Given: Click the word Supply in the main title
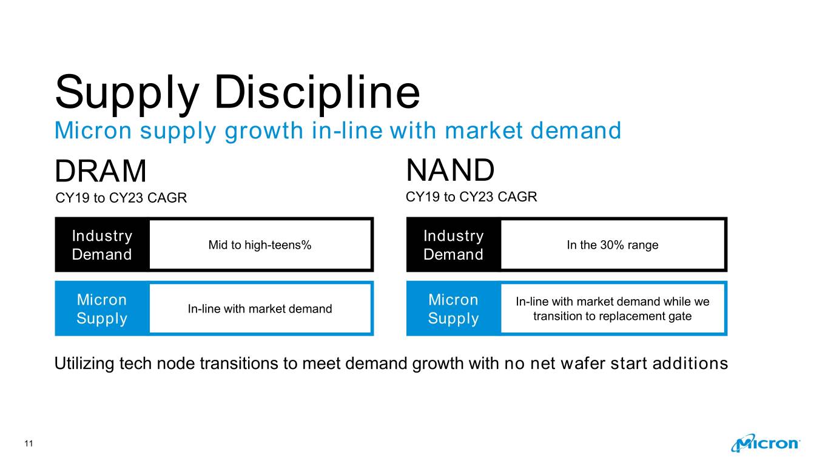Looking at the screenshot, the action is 127,94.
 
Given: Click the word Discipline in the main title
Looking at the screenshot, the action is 317,92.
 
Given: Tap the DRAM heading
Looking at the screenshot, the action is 101,171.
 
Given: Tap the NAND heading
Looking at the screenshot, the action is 450,170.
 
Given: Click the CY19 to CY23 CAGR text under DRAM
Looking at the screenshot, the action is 121,198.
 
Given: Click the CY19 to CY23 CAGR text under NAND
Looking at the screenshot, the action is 471,197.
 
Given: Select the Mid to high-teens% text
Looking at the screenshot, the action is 260,245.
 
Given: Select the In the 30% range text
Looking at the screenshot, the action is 613,245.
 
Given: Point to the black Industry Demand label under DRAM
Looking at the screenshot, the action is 102,245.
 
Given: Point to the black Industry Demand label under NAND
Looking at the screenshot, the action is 454,245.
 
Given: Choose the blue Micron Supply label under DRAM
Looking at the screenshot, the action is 102,309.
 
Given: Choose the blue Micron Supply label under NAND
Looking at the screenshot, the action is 454,309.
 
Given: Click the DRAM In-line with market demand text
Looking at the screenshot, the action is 260,309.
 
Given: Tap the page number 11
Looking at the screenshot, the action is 29,444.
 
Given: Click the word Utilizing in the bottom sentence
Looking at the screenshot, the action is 84,363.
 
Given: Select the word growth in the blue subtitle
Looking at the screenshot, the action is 264,131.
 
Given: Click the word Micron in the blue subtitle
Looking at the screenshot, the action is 93,130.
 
